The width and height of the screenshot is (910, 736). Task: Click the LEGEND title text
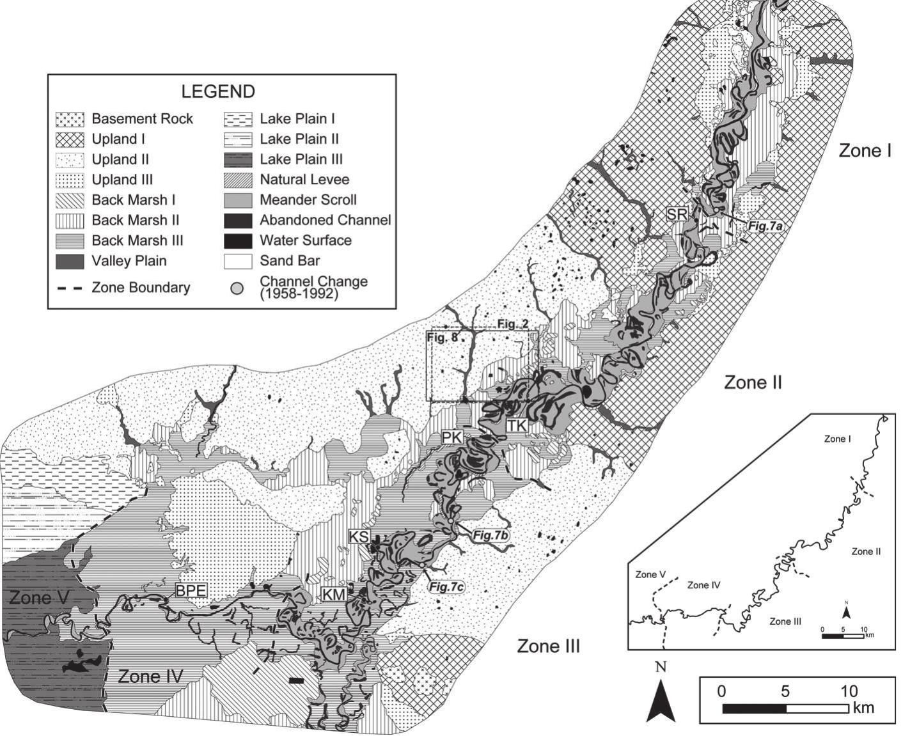pos(217,91)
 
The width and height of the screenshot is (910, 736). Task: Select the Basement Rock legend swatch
pos(70,119)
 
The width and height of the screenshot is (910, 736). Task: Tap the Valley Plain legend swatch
pos(70,261)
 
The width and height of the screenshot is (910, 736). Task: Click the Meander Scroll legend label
pos(308,200)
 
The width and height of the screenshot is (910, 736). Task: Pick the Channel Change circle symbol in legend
pos(237,288)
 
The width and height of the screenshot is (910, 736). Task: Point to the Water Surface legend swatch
pos(238,241)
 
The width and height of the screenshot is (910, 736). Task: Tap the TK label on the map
pos(516,425)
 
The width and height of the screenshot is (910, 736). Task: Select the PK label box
pos(451,437)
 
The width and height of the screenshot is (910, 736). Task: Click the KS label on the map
pos(359,536)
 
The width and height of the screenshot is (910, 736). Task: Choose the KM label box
pos(334,595)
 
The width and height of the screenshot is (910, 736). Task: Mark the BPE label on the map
pos(191,590)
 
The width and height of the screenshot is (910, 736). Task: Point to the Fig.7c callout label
pos(445,586)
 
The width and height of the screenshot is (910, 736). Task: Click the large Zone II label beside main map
pos(753,382)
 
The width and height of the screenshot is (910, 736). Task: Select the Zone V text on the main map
pos(38,598)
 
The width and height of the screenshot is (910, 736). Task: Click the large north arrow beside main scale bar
pos(661,701)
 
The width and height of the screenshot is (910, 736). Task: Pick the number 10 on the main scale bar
pos(849,691)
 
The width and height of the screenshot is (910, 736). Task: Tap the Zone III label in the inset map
pos(785,621)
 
